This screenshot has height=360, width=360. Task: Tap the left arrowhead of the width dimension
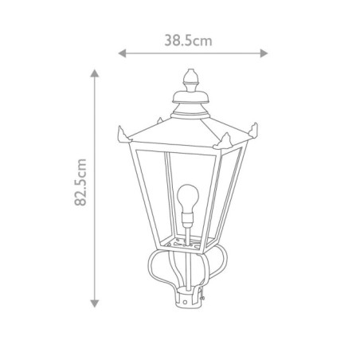[x=121, y=54]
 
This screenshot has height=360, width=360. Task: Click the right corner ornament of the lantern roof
[x=256, y=132]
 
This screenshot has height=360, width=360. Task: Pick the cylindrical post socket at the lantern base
[x=191, y=299]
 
